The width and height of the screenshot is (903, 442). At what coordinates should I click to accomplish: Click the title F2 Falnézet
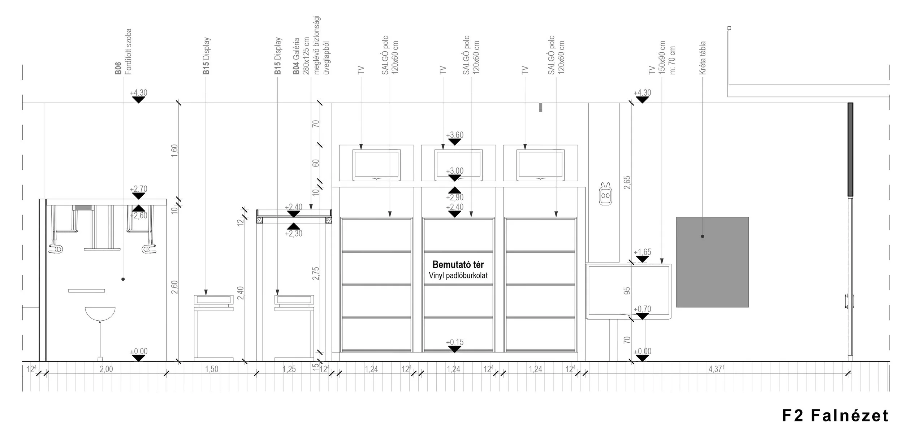(835, 416)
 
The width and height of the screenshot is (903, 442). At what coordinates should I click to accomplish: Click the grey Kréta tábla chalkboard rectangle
(712, 262)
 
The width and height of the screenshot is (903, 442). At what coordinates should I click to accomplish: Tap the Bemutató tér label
(458, 264)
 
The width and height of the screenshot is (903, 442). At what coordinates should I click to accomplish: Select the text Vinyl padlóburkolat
(458, 276)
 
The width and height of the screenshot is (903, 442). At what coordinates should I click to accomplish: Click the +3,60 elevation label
(454, 135)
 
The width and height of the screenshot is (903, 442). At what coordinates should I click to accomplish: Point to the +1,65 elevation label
(642, 252)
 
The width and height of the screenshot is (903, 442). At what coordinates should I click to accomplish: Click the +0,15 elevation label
(454, 342)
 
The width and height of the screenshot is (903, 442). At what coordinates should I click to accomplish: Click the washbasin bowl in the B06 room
(100, 313)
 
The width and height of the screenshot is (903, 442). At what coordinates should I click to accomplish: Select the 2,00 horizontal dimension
(106, 369)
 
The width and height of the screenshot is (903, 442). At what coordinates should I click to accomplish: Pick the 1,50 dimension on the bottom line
(212, 369)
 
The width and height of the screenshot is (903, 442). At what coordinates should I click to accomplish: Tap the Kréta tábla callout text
(702, 58)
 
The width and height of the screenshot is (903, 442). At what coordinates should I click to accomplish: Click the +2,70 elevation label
(138, 189)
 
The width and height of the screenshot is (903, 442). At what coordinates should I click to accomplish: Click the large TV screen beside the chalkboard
(628, 291)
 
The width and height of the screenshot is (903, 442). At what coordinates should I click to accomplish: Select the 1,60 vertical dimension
(174, 151)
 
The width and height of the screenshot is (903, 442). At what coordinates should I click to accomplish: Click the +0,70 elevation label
(642, 309)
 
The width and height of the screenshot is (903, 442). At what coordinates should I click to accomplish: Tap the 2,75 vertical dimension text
(316, 274)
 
